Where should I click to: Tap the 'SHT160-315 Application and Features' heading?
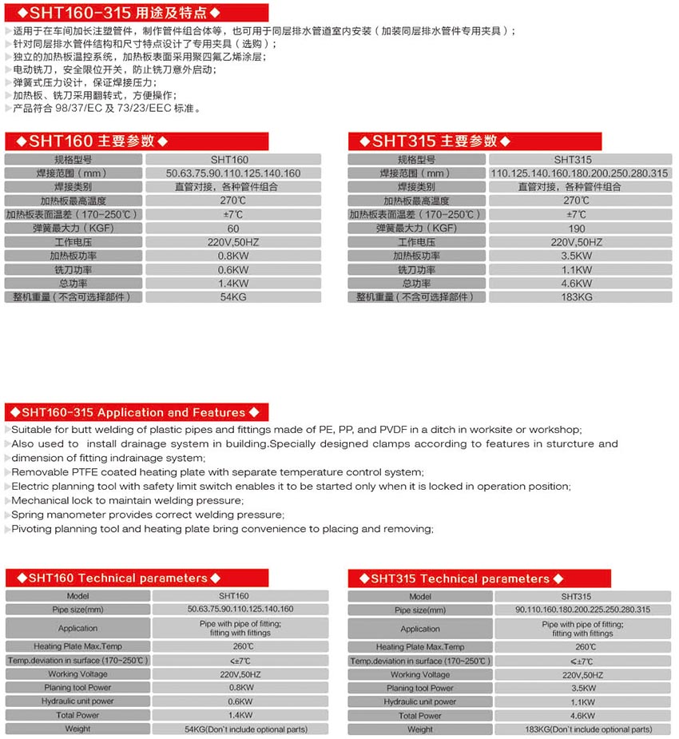pos(133,412)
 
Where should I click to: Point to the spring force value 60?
pos(233,228)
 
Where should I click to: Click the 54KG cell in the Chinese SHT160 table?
pos(233,297)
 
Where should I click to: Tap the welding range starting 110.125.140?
pos(579,173)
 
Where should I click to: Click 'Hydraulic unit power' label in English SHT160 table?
pos(78,701)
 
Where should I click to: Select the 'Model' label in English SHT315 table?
pos(420,597)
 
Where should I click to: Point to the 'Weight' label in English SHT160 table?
pos(78,729)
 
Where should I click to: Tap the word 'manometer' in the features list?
pos(82,515)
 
